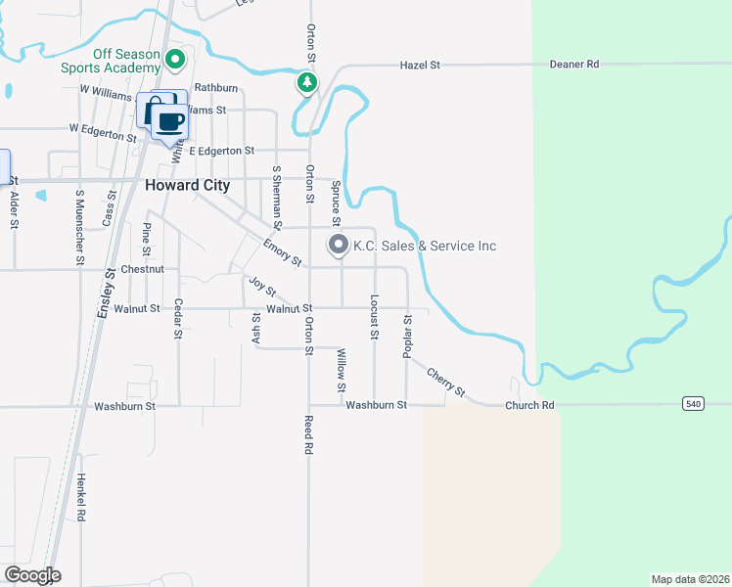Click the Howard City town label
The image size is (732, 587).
point(187,185)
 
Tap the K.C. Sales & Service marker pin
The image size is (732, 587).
point(338,245)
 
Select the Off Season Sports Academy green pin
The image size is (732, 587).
point(176,61)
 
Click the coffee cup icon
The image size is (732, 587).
point(170,121)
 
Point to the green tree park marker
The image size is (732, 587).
point(307,83)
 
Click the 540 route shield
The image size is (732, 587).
point(693,403)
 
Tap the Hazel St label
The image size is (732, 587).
point(420,65)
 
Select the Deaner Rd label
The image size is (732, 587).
point(579,65)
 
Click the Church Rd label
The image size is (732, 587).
point(529,405)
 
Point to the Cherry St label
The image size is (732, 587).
point(445,381)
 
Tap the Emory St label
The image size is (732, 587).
point(282,251)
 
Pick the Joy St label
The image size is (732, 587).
point(262,287)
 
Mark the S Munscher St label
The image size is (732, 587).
point(78,227)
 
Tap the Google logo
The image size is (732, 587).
point(31,575)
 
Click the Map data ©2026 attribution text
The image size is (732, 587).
point(690,579)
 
